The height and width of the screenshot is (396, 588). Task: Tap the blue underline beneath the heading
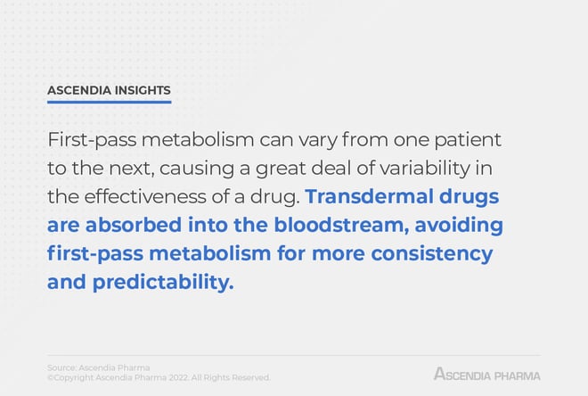point(109,102)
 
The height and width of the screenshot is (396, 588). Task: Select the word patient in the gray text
point(468,141)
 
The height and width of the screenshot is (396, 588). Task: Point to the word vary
point(318,141)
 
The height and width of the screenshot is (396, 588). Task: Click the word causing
point(197,169)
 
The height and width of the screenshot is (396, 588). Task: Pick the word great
point(281,169)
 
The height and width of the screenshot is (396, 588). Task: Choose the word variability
point(425,168)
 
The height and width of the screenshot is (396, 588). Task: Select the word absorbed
point(134,225)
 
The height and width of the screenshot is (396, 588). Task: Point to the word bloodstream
point(341,226)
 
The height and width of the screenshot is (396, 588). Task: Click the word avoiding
point(459,226)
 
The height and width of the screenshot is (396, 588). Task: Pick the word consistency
point(431,253)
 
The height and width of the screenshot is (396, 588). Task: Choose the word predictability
point(163,282)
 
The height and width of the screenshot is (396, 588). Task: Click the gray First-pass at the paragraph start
point(92,140)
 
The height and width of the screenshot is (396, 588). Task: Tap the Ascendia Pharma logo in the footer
point(487,374)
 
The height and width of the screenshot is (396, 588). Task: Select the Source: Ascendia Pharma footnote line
point(99,367)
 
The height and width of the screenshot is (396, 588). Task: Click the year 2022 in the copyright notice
point(178,377)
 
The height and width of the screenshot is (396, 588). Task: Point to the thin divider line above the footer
point(294,355)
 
